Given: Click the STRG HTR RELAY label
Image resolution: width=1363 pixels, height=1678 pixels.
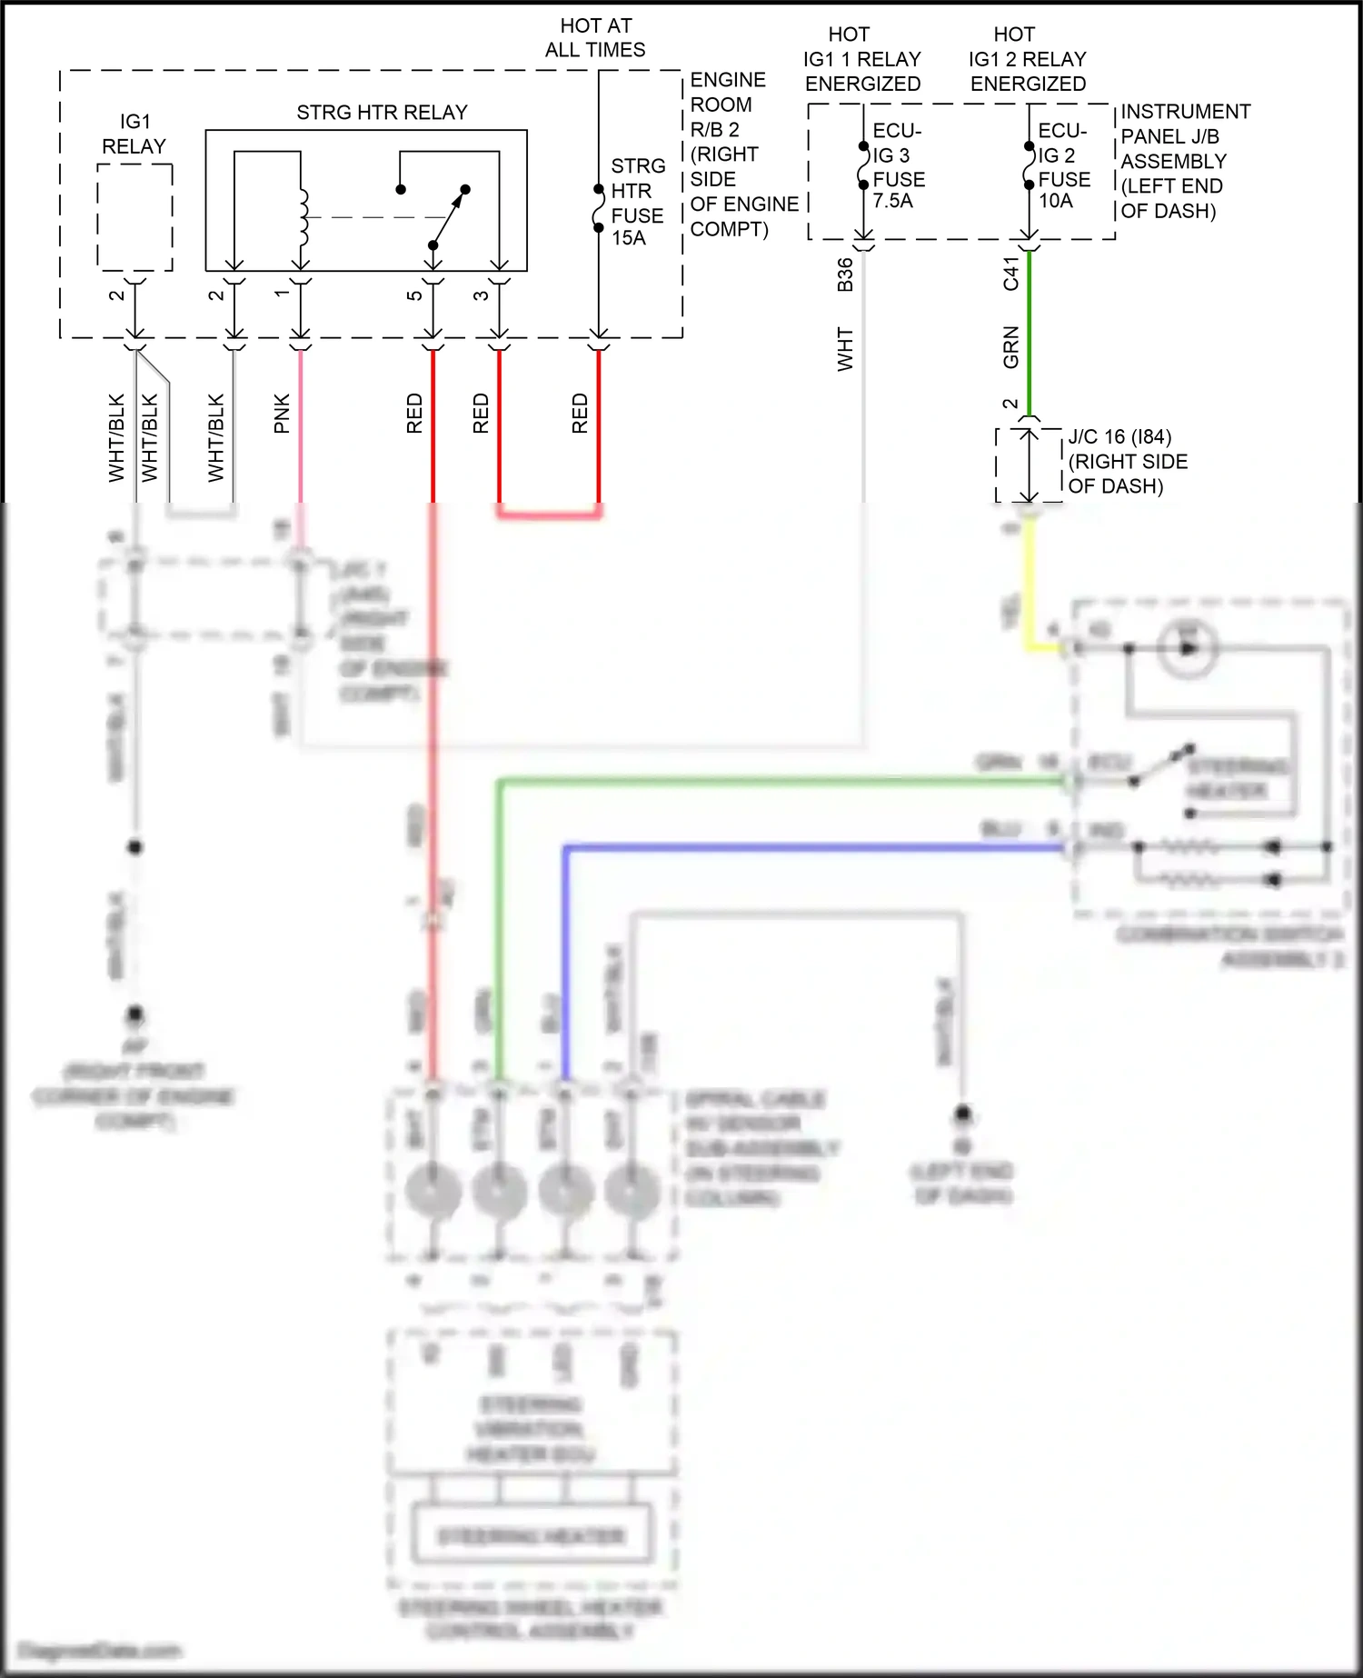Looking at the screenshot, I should click(x=382, y=113).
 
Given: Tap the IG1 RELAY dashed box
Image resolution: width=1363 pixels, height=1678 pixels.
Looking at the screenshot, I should click(x=134, y=217).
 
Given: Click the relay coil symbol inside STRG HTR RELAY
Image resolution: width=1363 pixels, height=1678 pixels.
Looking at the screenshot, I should click(x=303, y=218).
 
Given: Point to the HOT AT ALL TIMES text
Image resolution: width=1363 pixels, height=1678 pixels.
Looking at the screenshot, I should click(x=595, y=38).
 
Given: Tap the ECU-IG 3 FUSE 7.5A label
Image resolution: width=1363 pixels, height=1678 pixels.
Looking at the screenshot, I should click(x=898, y=166).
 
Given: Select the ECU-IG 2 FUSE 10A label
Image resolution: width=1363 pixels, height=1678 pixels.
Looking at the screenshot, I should click(x=1063, y=166).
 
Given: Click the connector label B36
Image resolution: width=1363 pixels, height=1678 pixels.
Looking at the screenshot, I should click(x=845, y=275).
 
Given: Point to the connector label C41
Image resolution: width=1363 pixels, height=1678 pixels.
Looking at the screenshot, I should click(x=1010, y=274).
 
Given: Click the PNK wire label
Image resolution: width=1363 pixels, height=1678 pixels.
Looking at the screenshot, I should click(x=282, y=414).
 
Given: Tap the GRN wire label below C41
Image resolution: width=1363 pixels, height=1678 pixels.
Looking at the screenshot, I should click(x=1010, y=347).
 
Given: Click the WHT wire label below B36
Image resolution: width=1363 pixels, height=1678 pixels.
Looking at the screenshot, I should click(x=845, y=349).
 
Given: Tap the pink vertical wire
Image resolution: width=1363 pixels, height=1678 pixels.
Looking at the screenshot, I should click(x=301, y=427).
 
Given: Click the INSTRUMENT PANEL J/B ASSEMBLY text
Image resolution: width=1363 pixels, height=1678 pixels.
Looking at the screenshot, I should click(x=1184, y=161).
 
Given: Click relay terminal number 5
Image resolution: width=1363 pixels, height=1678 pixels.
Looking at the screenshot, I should click(x=413, y=295).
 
